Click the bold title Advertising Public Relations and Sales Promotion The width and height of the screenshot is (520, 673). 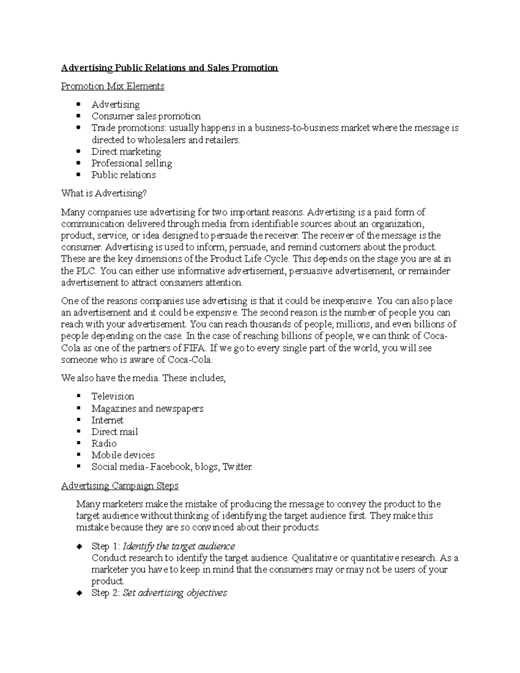(x=169, y=68)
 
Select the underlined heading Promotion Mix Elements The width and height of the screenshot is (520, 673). (x=113, y=86)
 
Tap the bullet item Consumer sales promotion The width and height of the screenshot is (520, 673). (x=146, y=116)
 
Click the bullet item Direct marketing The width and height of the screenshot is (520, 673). (x=126, y=152)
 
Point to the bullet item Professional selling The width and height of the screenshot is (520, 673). (x=132, y=163)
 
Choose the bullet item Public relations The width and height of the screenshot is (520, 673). (x=123, y=175)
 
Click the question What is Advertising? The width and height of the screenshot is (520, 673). (x=104, y=193)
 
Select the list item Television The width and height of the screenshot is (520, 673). (x=113, y=397)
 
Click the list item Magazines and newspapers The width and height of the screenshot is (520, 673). (x=147, y=409)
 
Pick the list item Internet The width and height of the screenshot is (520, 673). (x=107, y=420)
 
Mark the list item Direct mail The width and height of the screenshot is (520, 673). (x=114, y=432)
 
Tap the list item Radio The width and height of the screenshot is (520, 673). (x=104, y=443)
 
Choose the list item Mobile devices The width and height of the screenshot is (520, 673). (x=123, y=455)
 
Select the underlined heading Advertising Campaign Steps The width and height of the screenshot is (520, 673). (x=120, y=486)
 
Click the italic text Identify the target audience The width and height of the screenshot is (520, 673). (x=179, y=546)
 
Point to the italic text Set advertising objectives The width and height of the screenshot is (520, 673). (x=175, y=593)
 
